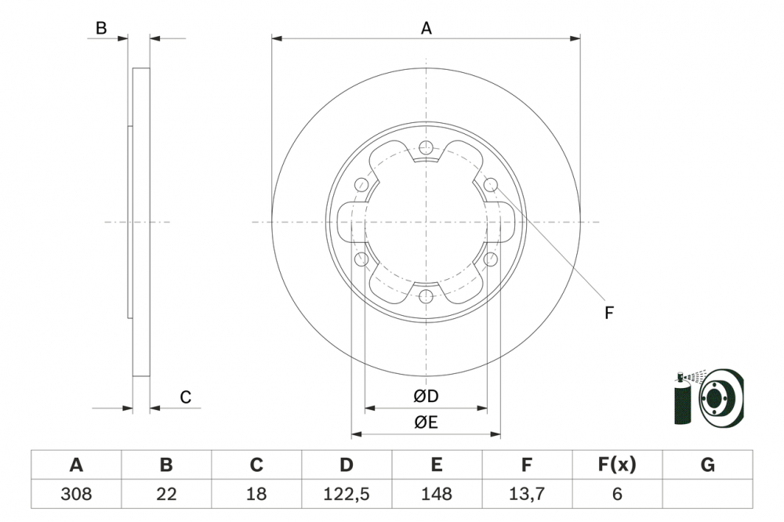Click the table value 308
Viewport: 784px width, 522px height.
coord(76,494)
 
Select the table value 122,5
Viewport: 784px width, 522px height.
coord(346,494)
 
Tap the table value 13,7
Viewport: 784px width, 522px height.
coord(527,494)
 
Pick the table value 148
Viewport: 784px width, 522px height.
coord(436,494)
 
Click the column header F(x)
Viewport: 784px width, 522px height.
coord(616,465)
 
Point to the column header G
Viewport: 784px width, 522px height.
coord(707,465)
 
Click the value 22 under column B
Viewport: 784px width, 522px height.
coord(166,494)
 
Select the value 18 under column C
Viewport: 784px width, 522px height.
coord(256,494)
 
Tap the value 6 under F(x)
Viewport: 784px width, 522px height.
coord(616,494)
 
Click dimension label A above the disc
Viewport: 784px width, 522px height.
coord(426,28)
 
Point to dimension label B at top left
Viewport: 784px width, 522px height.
coord(101,28)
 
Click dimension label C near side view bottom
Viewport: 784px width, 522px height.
coord(185,397)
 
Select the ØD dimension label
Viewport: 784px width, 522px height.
coord(426,397)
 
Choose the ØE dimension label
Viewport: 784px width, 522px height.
coord(426,423)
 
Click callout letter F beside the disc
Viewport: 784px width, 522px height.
coord(608,314)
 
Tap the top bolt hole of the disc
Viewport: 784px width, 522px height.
coord(426,147)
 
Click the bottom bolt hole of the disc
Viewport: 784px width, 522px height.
coord(426,296)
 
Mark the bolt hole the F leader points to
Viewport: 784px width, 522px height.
coord(491,185)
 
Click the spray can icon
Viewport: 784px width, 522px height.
coord(683,399)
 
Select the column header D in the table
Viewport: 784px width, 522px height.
coord(346,465)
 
